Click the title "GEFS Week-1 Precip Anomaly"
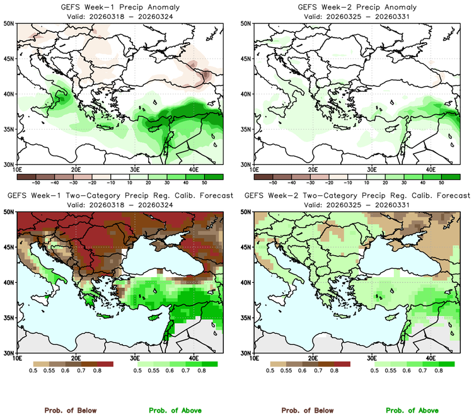tap(118, 7)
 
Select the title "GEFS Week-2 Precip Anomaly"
tap(355, 7)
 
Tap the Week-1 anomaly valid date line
tap(118, 16)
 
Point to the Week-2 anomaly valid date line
tap(355, 16)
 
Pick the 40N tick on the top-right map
tap(245, 94)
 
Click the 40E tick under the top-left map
tap(193, 170)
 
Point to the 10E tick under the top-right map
tap(254, 170)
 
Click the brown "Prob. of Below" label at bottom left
tap(70, 410)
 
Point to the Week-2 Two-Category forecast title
tap(357, 196)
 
